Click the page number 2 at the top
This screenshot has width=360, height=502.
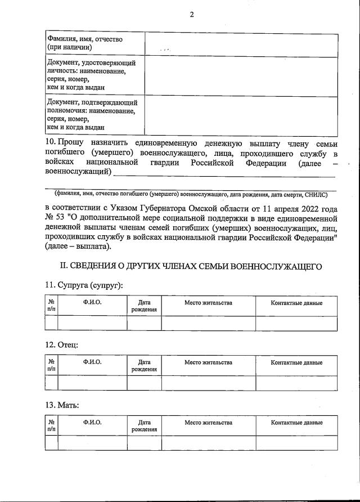coord(191,15)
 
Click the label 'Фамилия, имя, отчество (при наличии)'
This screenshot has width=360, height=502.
coord(85,43)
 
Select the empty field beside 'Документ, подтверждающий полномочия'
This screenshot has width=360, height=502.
coord(241,115)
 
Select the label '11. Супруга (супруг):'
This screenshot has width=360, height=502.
coord(83,285)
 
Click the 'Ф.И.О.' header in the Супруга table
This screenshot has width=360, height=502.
coord(92,303)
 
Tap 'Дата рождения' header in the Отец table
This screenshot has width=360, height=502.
coord(144,366)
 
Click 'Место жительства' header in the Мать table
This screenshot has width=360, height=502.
coord(208,423)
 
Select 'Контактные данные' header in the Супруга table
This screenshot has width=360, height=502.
coord(296,303)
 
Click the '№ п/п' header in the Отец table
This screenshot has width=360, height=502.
coord(51,366)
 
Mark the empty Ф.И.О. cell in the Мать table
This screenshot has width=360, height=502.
coord(92,443)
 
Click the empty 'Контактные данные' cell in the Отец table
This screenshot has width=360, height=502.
coord(296,383)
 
